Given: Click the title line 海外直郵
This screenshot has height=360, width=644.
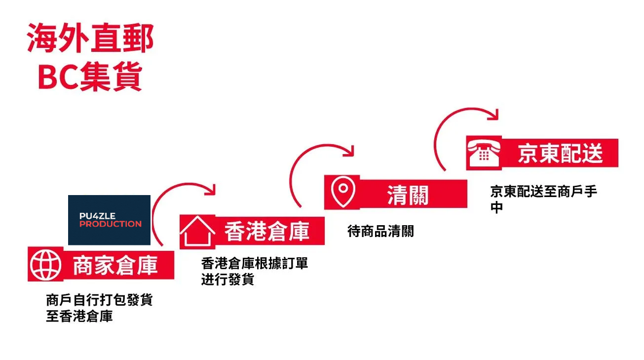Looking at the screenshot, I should click(x=90, y=39).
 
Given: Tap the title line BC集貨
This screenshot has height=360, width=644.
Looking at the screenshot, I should click(x=90, y=77).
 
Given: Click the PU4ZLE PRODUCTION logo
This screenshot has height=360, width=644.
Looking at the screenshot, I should click(x=109, y=220).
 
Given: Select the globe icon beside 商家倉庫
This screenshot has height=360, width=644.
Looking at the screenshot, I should click(x=45, y=265).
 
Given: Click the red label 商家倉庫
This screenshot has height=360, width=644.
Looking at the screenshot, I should click(x=115, y=266).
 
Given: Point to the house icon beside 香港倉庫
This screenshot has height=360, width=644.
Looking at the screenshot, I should click(x=197, y=231).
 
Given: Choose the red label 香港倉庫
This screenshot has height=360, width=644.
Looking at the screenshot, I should click(x=267, y=231).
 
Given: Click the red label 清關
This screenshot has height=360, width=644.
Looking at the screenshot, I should click(x=408, y=194).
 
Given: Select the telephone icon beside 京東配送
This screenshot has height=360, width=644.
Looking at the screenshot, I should click(x=484, y=153).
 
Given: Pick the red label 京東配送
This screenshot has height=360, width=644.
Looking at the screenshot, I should click(x=560, y=154).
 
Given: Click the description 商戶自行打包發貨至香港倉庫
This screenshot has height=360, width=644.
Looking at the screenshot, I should click(x=99, y=308).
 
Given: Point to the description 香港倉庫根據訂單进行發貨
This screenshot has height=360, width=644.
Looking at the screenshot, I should click(x=254, y=271).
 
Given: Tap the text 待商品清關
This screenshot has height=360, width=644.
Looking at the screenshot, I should click(x=380, y=231).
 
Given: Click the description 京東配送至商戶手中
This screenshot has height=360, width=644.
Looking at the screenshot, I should click(x=543, y=199).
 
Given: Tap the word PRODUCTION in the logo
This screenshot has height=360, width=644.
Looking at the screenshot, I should click(x=111, y=224).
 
